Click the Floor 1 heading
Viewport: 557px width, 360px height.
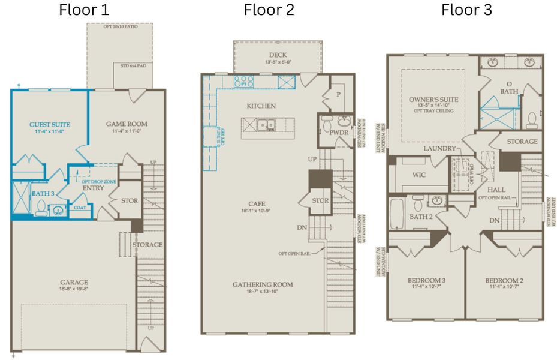pos(84,10)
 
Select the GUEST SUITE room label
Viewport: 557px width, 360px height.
pos(50,125)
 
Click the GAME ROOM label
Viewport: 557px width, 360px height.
pos(127,125)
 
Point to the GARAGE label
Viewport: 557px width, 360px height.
pos(73,282)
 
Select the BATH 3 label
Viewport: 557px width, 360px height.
pos(43,194)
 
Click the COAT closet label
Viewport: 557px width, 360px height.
pos(80,208)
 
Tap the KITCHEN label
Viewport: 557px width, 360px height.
pos(261,106)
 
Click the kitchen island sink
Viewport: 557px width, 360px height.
pos(264,125)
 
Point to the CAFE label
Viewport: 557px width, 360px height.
pos(260,204)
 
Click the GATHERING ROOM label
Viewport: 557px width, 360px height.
pos(263,284)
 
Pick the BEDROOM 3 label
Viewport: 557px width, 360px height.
pos(426,281)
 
